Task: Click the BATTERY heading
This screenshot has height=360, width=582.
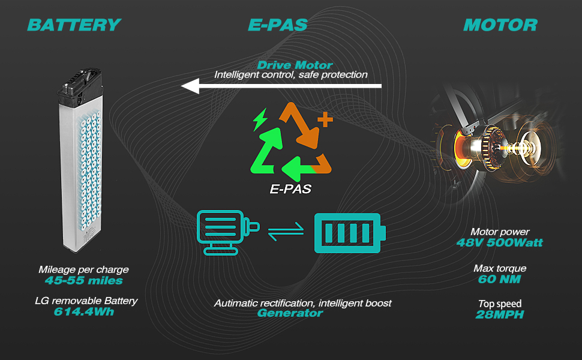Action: (x=74, y=25)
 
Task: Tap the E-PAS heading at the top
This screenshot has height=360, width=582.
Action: (x=277, y=25)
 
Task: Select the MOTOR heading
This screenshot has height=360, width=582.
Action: (x=500, y=25)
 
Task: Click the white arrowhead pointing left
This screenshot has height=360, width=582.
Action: (x=191, y=86)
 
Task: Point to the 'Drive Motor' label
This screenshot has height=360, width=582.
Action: (x=295, y=65)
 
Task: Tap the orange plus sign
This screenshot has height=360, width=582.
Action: (x=324, y=120)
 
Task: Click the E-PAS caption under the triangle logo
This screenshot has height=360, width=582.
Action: (x=290, y=189)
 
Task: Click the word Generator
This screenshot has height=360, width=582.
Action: (x=290, y=313)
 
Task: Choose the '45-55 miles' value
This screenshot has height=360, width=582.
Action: (x=83, y=280)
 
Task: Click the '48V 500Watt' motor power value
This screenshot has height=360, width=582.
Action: (x=499, y=242)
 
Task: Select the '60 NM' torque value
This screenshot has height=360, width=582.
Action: (x=499, y=279)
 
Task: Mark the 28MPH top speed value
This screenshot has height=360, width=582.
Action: (x=499, y=314)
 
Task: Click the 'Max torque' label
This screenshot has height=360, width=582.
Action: (x=499, y=268)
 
